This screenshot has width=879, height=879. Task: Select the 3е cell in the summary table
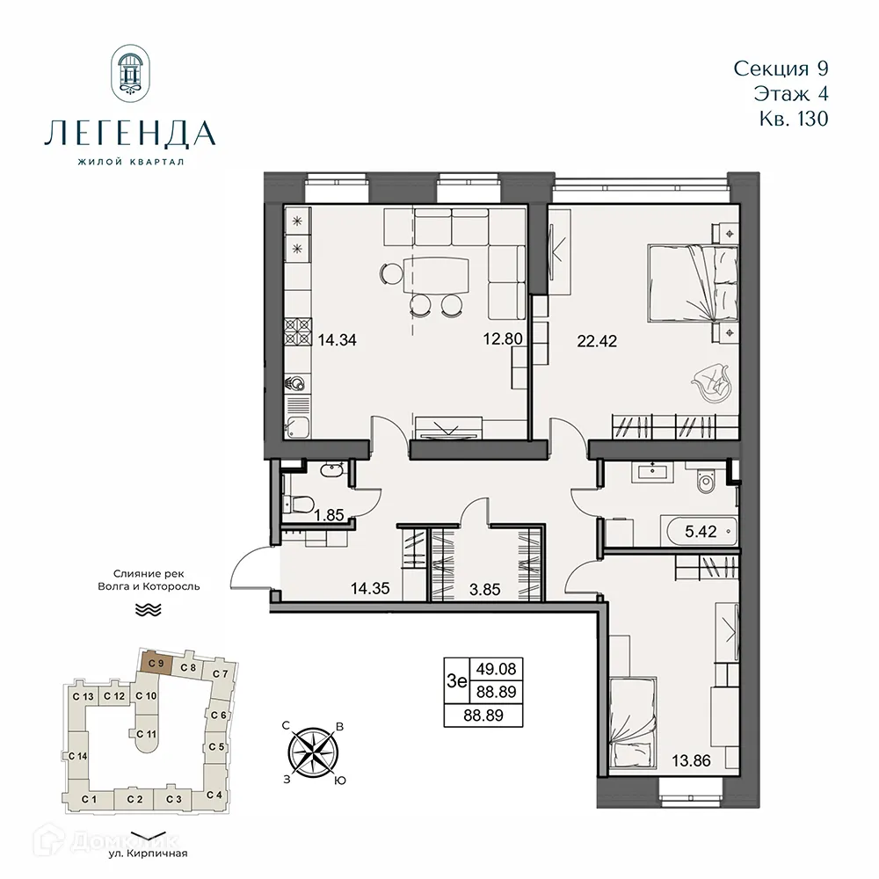[x=456, y=680]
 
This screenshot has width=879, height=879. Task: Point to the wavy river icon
[x=142, y=609]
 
